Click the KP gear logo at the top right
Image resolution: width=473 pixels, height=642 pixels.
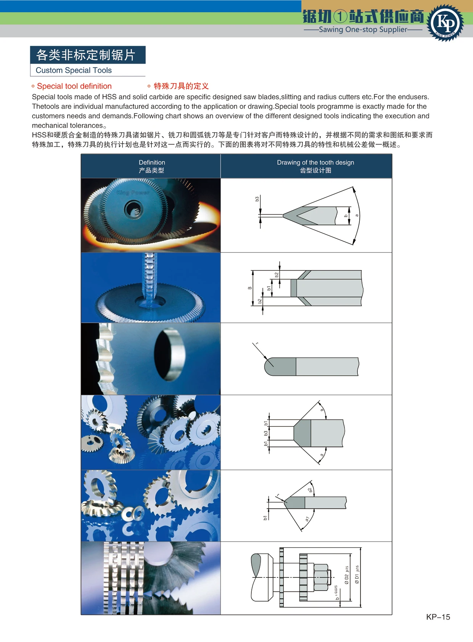point(445,23)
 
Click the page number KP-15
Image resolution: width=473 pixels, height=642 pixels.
point(438,617)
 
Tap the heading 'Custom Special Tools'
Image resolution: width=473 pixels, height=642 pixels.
point(74,70)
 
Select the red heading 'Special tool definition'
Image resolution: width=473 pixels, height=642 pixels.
point(74,86)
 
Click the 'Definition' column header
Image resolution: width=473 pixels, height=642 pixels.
point(151,163)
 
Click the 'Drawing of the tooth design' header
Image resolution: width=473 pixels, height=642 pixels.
point(315,163)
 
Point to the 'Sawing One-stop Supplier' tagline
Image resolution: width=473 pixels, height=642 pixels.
point(363,29)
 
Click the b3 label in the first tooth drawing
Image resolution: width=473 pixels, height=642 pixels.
point(257,199)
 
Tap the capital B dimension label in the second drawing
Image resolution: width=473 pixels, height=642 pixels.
point(250,288)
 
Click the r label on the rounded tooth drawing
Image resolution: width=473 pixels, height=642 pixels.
point(257,344)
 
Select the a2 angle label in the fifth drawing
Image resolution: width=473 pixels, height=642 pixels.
point(310,490)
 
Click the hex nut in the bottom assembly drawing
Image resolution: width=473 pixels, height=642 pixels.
point(321,578)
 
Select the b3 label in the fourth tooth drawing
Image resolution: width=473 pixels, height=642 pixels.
point(266,434)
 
